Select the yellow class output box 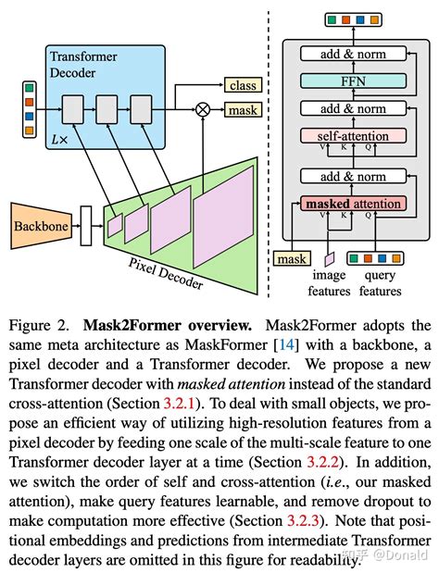click(x=243, y=85)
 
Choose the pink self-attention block click(x=353, y=136)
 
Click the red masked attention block click(x=353, y=204)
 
